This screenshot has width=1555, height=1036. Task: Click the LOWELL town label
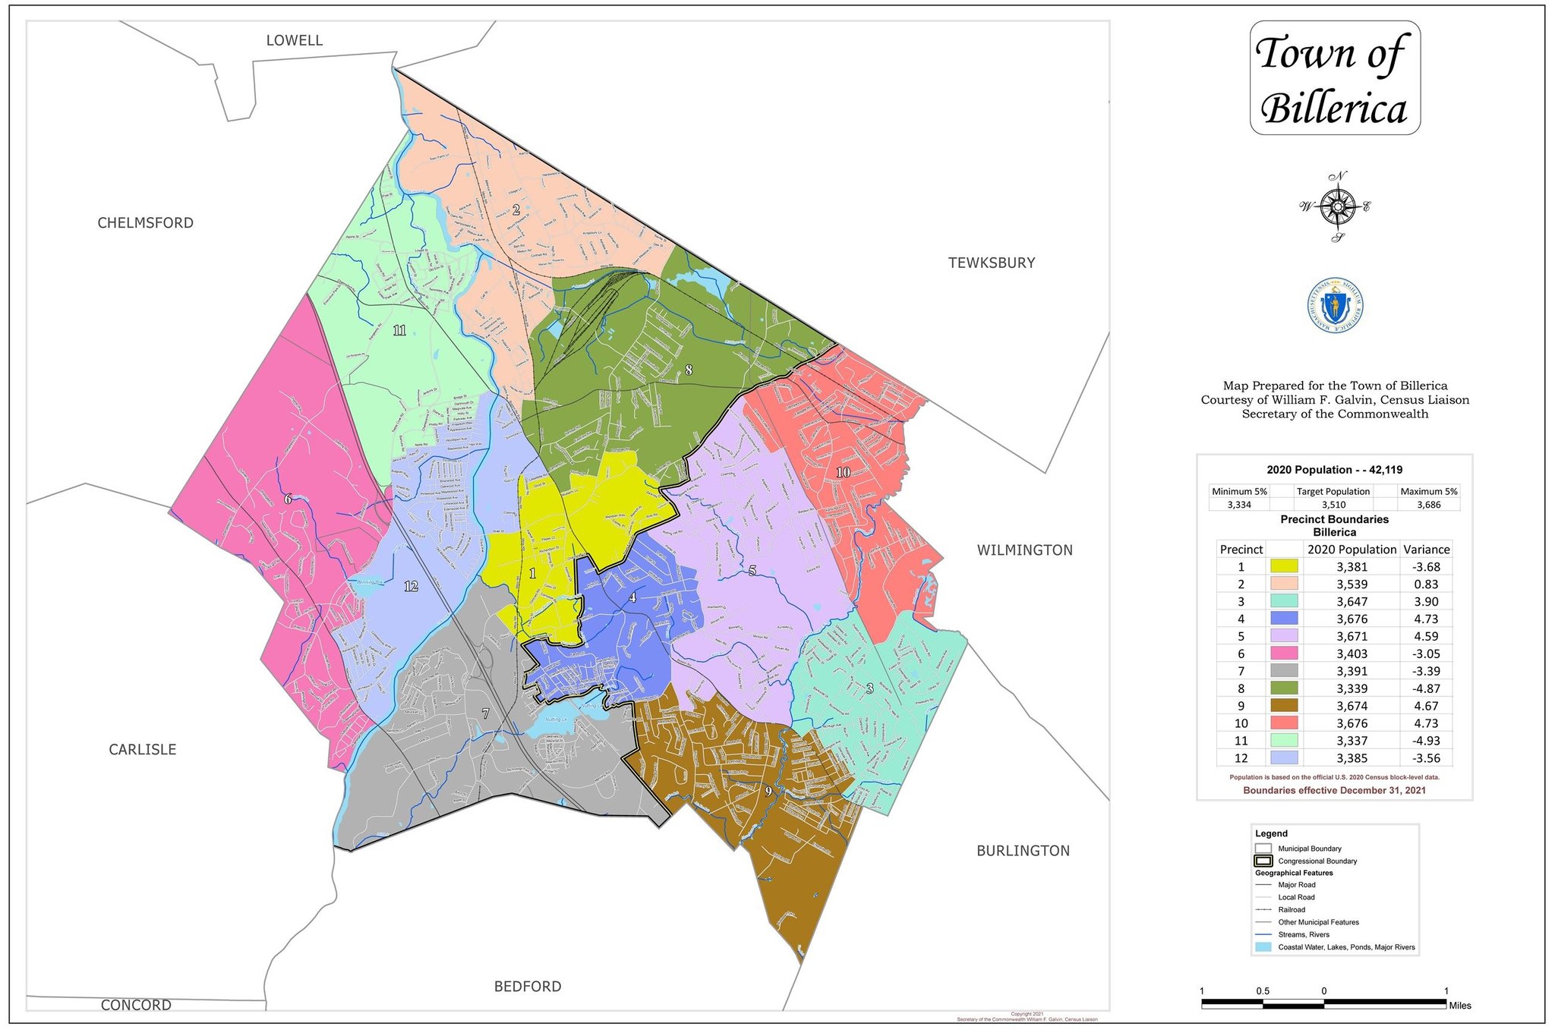(294, 40)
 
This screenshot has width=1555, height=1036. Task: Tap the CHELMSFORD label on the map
(145, 222)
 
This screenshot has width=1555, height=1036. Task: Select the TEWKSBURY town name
(991, 263)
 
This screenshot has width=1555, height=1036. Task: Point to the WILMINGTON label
(1024, 550)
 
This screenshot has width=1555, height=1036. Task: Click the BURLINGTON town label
(1023, 851)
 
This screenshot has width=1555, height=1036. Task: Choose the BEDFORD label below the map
(527, 986)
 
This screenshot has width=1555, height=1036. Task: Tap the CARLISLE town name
(142, 749)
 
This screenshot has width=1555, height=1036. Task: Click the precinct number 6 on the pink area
(288, 499)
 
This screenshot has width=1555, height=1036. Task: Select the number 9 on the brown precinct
(768, 792)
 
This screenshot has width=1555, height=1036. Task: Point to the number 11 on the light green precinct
(399, 330)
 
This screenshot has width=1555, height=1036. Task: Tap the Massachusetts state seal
(1335, 305)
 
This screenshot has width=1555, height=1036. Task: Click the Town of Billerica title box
(1334, 78)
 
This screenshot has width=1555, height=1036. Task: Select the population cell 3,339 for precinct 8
(1352, 688)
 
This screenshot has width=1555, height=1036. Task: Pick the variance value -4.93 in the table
(1426, 740)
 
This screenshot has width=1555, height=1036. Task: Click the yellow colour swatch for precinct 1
(1283, 566)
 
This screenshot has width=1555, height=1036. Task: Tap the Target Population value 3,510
(1333, 505)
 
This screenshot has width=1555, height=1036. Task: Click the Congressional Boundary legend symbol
(1263, 861)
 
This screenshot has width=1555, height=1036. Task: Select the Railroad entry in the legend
(1291, 909)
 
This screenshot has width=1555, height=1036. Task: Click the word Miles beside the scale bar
(1459, 1005)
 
